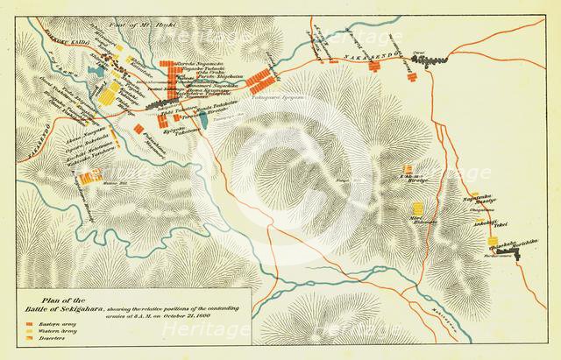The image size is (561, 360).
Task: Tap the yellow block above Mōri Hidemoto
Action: click(418, 208)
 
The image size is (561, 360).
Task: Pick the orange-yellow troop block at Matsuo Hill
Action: click(86, 179)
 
